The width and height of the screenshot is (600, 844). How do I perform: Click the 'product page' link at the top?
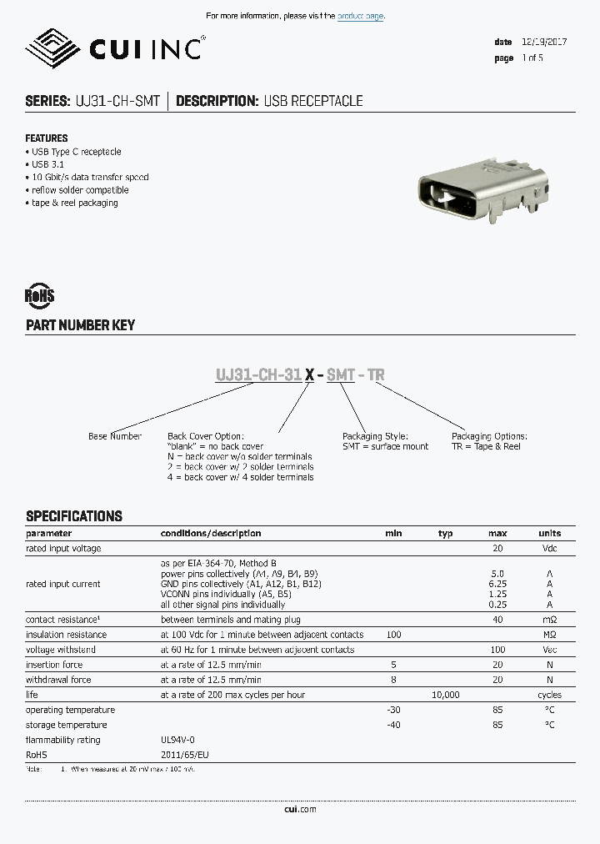pyautogui.click(x=360, y=16)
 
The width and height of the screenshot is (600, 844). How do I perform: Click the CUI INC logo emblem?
pyautogui.click(x=52, y=48)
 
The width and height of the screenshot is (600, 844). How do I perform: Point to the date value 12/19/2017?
pyautogui.click(x=543, y=42)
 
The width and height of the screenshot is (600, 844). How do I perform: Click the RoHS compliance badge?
pyautogui.click(x=40, y=295)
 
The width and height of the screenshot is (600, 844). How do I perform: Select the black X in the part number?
pyautogui.click(x=309, y=375)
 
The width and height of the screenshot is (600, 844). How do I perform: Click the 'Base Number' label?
pyautogui.click(x=115, y=436)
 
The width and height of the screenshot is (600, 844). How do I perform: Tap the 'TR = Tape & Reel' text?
pyautogui.click(x=486, y=446)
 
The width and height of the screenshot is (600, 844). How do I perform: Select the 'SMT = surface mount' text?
pyautogui.click(x=385, y=446)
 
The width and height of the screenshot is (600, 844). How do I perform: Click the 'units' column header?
pyautogui.click(x=549, y=533)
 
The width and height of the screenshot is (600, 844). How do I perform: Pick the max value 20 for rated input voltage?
pyautogui.click(x=497, y=548)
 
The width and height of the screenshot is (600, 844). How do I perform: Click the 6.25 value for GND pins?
pyautogui.click(x=497, y=584)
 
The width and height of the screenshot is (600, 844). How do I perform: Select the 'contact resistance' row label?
pyautogui.click(x=63, y=620)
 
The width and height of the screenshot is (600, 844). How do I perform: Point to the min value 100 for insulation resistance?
pyautogui.click(x=393, y=635)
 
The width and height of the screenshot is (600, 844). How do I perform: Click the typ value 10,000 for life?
pyautogui.click(x=445, y=695)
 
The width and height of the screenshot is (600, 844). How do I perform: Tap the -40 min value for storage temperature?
pyautogui.click(x=393, y=725)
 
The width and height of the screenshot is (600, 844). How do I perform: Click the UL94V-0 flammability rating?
pyautogui.click(x=178, y=740)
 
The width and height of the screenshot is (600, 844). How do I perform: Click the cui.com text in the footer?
pyautogui.click(x=300, y=809)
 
